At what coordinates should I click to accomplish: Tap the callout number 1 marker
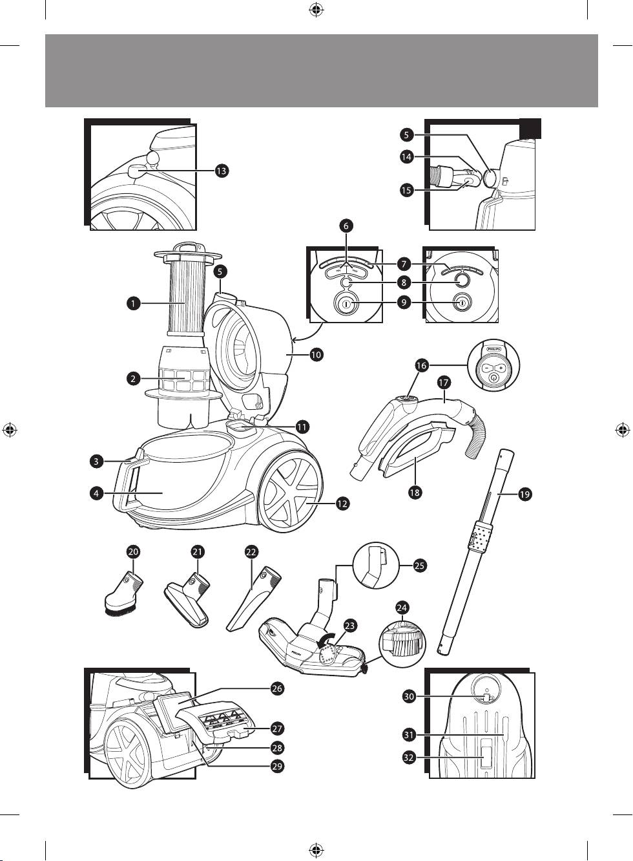click(132, 303)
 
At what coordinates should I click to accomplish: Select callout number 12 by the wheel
click(342, 503)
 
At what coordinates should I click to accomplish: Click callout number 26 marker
click(277, 689)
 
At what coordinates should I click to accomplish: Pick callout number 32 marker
click(408, 758)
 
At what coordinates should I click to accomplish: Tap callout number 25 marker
click(419, 566)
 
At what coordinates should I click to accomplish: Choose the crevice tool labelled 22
click(253, 597)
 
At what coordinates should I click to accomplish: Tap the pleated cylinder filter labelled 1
click(187, 295)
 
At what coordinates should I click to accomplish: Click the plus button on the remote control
click(501, 367)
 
